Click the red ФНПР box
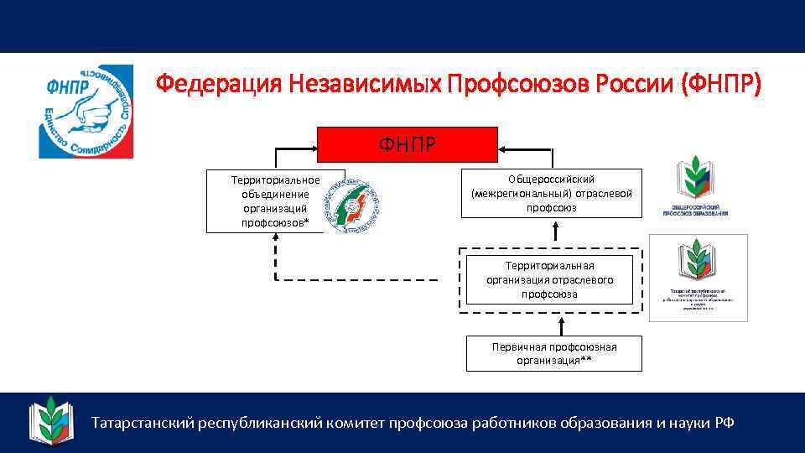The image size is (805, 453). [407, 143]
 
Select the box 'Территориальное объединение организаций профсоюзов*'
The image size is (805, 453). [264, 201]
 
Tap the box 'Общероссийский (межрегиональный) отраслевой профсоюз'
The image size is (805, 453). [552, 194]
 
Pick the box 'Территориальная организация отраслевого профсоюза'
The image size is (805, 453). [549, 279]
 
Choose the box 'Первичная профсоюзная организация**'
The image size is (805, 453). [553, 353]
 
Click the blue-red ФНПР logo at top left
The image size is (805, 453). [86, 112]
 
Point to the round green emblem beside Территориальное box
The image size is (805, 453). [352, 206]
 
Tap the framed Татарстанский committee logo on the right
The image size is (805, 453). [699, 278]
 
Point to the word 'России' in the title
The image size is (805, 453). [636, 84]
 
